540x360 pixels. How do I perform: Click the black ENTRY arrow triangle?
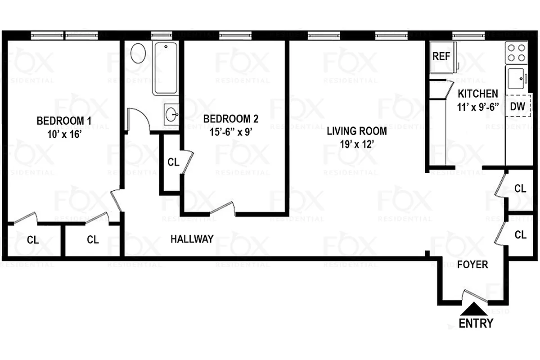[x=473, y=310]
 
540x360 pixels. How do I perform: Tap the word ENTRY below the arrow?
[x=476, y=323]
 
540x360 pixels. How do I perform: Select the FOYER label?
[x=472, y=264]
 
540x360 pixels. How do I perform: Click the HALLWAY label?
[x=192, y=239]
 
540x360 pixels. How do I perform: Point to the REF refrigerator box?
[x=442, y=57]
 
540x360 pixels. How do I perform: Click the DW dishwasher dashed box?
[x=517, y=106]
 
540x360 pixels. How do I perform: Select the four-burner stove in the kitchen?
[x=516, y=52]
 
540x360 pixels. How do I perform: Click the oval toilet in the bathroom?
[x=138, y=54]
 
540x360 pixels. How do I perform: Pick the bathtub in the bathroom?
[x=166, y=67]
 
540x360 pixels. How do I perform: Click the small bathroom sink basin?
[x=171, y=114]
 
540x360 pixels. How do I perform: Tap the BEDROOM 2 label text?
[x=231, y=119]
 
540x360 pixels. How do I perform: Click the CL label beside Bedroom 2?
[x=173, y=162]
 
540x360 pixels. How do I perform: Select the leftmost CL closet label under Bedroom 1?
[x=33, y=239]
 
